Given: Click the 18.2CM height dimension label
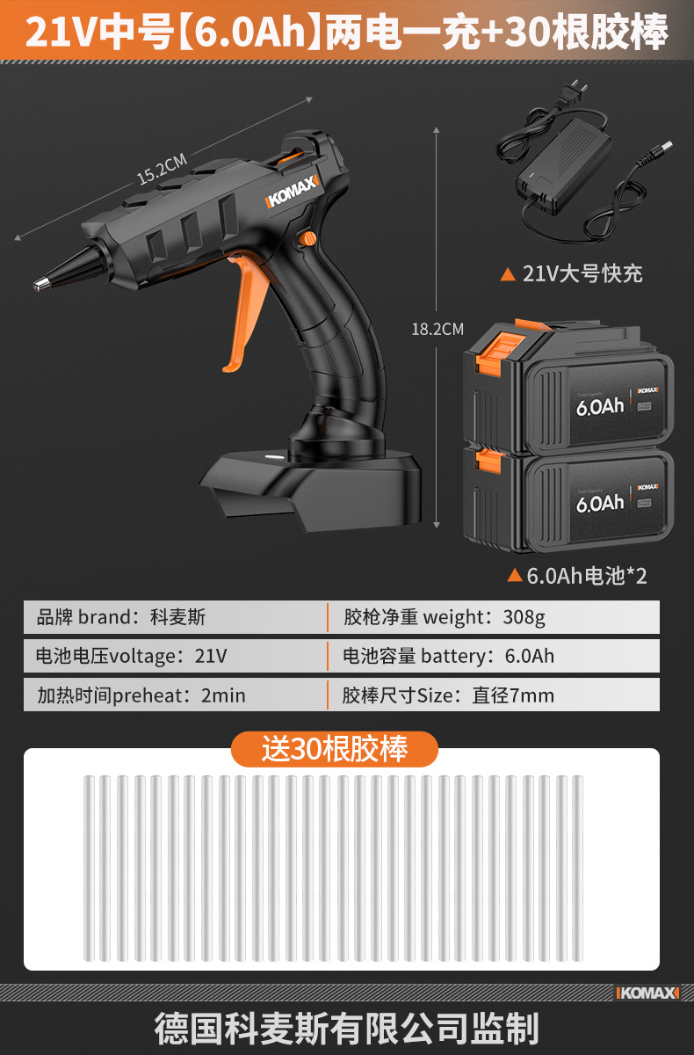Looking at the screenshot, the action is (x=437, y=330).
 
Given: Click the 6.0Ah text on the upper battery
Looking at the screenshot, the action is (x=599, y=408).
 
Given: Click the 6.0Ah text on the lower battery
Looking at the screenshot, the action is (x=599, y=503).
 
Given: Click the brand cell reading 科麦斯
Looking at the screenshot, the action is (x=177, y=617).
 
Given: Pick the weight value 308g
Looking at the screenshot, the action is (x=524, y=617).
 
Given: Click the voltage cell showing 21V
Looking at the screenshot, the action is (x=210, y=656).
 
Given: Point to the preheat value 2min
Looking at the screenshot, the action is (x=223, y=695).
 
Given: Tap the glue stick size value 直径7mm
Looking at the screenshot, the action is (x=513, y=695).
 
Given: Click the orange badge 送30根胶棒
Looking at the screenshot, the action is (x=334, y=749).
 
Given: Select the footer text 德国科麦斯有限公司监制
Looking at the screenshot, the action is (x=346, y=1028).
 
